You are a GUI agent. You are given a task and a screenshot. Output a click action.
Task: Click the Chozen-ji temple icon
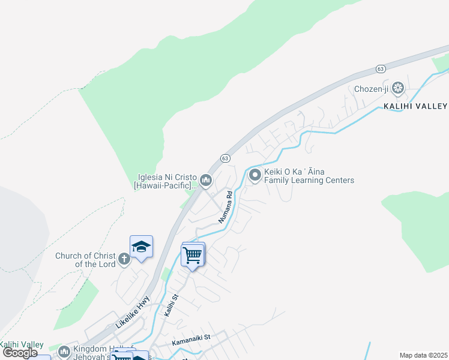tap(397, 89)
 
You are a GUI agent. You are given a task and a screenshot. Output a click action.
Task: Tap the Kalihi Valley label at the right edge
tap(415, 106)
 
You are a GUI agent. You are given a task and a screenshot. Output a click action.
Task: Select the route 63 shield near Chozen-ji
tap(381, 69)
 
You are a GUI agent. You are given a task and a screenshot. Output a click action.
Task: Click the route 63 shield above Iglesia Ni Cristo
tap(224, 158)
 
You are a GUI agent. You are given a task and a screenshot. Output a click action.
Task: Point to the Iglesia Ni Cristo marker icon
tap(206, 180)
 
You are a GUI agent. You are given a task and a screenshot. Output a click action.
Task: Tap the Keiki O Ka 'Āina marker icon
tap(255, 175)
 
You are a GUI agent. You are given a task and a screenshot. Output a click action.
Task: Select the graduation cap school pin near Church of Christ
tap(141, 247)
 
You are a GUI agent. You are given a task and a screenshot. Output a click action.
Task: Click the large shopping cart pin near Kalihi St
tap(193, 254)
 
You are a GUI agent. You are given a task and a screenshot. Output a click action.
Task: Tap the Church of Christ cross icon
tap(124, 259)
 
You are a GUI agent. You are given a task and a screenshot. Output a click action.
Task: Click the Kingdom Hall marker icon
tap(64, 351)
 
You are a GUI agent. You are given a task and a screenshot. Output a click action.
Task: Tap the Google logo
tap(20, 353)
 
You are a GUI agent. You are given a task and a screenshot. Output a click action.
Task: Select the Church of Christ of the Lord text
tap(85, 260)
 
